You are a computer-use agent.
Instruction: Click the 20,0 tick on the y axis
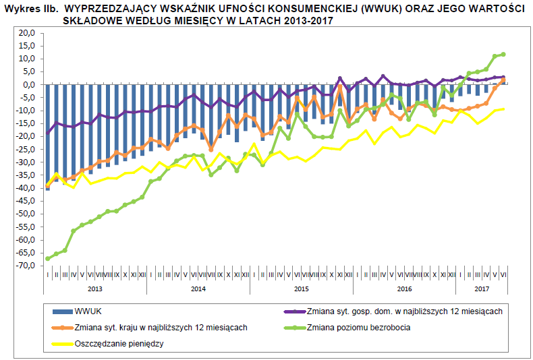pyautogui.click(x=26, y=33)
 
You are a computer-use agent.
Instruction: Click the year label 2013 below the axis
pyautogui.click(x=94, y=289)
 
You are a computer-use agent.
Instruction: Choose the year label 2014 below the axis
pyautogui.click(x=198, y=289)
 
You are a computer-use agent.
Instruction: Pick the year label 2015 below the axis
pyautogui.click(x=301, y=289)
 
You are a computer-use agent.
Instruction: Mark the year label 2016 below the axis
pyautogui.click(x=404, y=289)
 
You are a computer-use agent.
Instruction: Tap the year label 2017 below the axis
pyautogui.click(x=482, y=289)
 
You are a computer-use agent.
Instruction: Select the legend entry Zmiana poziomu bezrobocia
pyautogui.click(x=358, y=328)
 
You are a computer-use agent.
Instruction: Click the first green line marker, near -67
pyautogui.click(x=48, y=258)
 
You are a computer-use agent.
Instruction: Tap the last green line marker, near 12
pyautogui.click(x=503, y=55)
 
